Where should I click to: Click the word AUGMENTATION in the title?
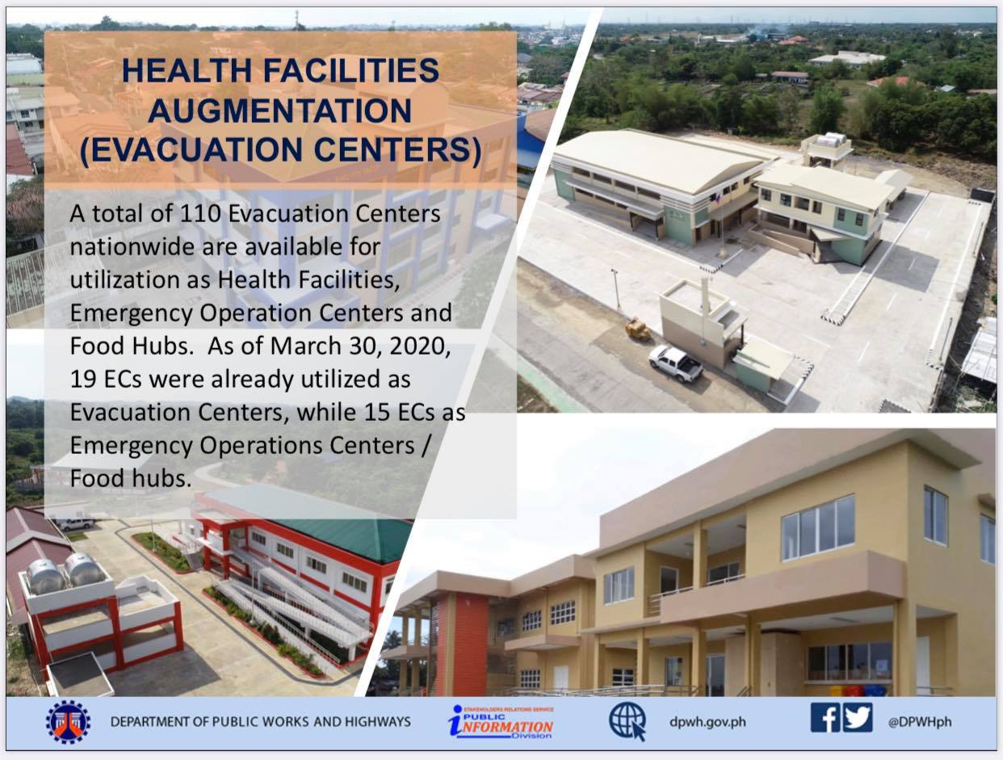(279, 111)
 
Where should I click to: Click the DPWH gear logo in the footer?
(68, 722)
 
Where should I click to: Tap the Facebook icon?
(825, 717)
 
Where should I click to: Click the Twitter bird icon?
(857, 717)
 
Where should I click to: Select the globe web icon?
(627, 721)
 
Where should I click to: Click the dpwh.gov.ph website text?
(707, 722)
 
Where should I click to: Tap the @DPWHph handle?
(920, 722)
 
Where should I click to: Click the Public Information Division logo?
(501, 722)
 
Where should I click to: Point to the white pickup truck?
(676, 363)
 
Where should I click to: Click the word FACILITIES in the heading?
(351, 70)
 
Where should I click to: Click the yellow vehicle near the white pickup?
(638, 329)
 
